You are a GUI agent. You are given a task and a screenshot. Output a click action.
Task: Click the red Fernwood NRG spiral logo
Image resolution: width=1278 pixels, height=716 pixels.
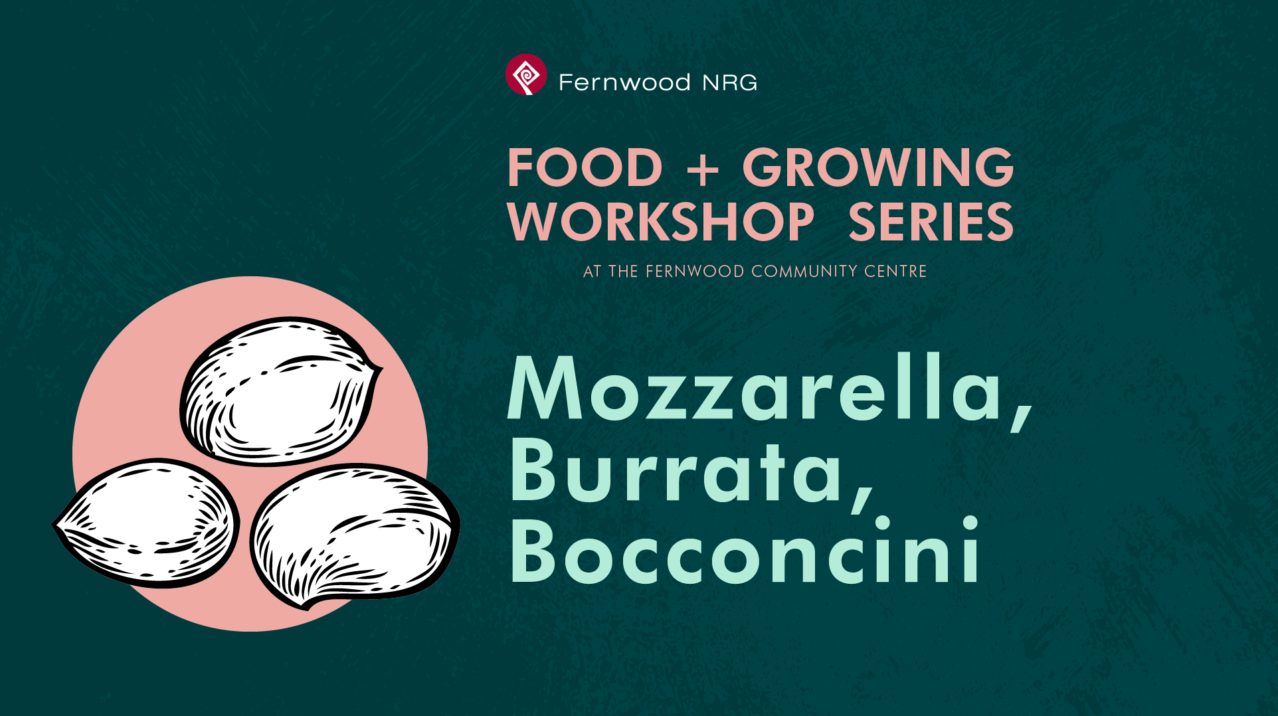click(526, 74)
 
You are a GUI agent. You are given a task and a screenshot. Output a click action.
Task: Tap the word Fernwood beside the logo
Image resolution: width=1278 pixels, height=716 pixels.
click(624, 82)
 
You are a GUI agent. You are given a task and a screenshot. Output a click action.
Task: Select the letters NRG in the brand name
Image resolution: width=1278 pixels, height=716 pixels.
click(730, 82)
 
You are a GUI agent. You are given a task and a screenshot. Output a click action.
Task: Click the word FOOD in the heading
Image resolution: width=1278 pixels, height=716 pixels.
click(585, 167)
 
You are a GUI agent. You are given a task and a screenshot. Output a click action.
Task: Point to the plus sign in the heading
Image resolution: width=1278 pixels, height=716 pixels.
click(703, 169)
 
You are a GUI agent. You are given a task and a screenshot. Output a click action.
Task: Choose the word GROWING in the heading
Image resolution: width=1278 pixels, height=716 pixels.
click(878, 167)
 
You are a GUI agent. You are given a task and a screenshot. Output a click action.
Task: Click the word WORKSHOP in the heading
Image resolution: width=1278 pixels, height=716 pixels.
click(661, 222)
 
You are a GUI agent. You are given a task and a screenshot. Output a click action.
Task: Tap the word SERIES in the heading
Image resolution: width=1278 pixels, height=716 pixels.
click(931, 222)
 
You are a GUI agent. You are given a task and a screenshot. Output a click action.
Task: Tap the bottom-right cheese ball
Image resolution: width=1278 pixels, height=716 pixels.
click(355, 535)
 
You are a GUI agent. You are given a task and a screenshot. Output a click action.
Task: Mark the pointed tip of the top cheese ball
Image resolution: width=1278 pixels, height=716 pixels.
click(382, 366)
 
